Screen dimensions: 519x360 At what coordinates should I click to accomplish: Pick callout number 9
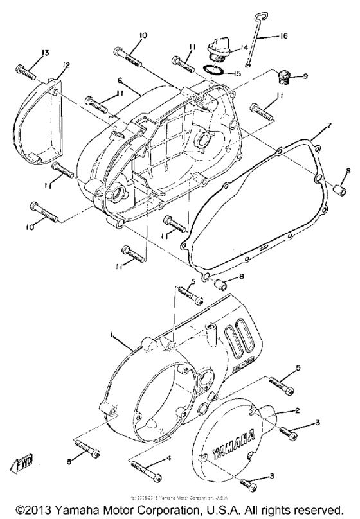tap(305, 76)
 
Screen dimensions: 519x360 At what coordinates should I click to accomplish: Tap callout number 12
tap(66, 65)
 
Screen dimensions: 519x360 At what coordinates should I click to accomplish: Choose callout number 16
tap(282, 37)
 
